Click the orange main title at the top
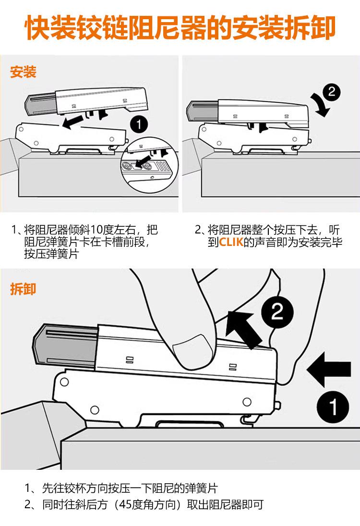(x=180, y=27)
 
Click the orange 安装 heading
(x=23, y=72)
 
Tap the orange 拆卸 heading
(x=23, y=289)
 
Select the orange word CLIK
(x=231, y=242)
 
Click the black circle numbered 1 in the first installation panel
(x=139, y=125)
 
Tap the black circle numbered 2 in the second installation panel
(x=332, y=92)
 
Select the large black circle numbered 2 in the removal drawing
(x=277, y=311)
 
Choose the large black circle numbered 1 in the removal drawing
(x=333, y=406)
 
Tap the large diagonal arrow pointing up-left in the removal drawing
(x=244, y=330)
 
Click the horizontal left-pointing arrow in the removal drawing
(x=329, y=369)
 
